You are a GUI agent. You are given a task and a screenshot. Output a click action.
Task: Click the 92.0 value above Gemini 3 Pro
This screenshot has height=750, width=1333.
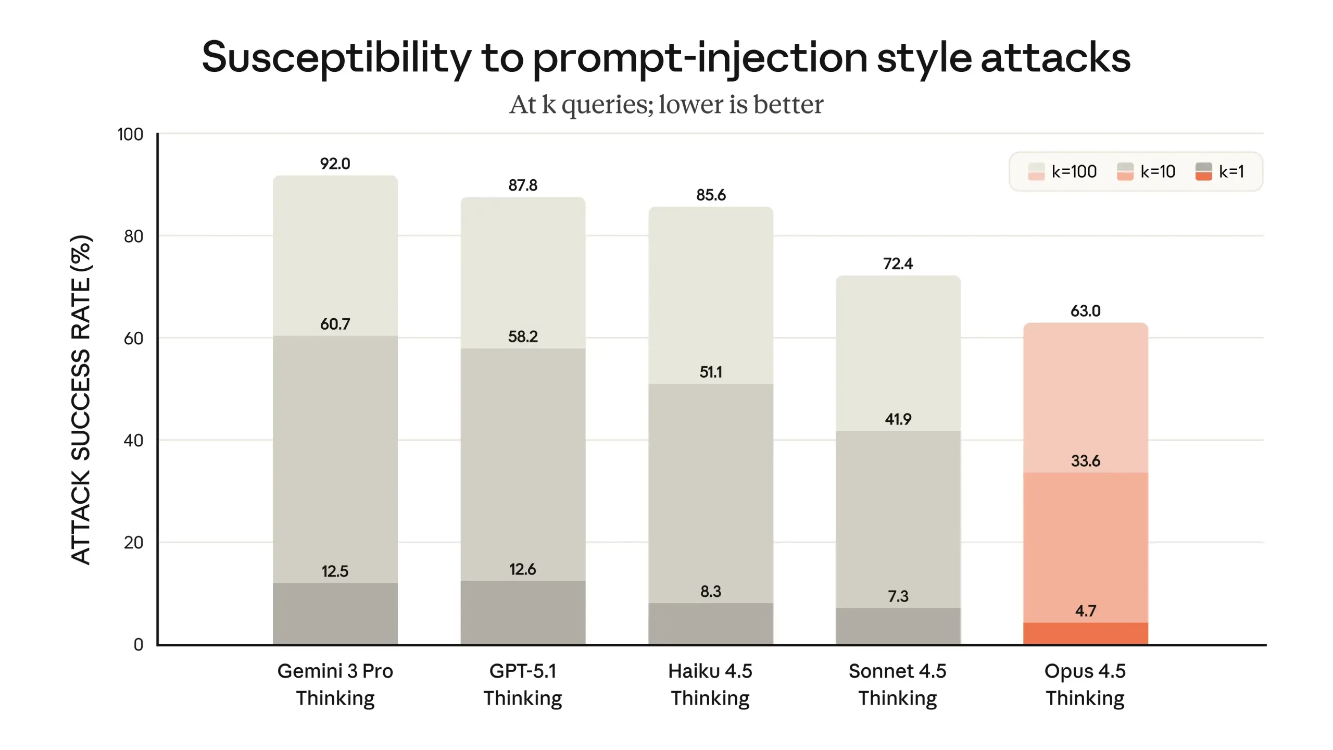coord(335,164)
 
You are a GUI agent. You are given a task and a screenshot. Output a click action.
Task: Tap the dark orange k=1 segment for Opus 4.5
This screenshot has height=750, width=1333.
coord(1085,633)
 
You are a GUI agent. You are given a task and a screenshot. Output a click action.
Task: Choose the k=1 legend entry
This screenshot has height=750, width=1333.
coord(1219,171)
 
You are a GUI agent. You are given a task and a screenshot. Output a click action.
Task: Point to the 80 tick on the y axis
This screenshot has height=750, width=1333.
coord(133,236)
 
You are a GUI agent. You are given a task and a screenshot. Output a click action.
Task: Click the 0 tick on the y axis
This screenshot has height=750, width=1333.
coord(138,644)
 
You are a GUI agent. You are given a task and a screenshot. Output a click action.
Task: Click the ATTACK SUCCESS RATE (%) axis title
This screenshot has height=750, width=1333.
coord(81,399)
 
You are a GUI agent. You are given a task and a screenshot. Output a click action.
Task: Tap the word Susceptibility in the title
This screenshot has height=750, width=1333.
coord(336,57)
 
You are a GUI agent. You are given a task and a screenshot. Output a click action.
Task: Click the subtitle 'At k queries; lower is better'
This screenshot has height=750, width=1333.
coord(666,104)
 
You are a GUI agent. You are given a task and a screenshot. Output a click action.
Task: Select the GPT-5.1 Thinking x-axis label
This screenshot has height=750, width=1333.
coord(522,684)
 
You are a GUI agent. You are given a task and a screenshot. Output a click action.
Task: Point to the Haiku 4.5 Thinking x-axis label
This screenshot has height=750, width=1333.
coord(710,684)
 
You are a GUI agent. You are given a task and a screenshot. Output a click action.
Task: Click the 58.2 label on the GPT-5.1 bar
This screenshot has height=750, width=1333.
coord(523,336)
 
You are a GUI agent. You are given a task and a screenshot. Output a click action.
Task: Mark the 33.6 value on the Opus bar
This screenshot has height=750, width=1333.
coord(1085,460)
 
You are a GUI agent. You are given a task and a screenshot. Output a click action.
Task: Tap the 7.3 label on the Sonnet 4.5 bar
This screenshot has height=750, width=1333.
coord(898,596)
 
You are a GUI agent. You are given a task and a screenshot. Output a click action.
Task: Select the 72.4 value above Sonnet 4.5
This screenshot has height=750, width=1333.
coord(898,264)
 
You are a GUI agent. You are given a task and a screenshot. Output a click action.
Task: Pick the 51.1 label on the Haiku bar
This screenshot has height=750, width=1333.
coord(710,372)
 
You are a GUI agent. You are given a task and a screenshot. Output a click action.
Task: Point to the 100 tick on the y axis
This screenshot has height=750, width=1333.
coord(130,134)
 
